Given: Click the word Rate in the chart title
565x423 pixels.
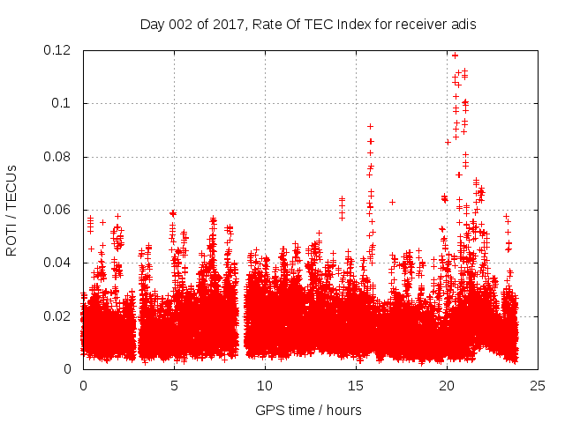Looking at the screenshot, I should click(267, 25).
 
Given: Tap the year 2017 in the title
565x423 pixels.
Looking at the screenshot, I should click(224, 25).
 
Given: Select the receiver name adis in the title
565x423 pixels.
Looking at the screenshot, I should click(463, 25).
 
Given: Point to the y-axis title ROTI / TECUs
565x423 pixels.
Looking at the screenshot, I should click(11, 210).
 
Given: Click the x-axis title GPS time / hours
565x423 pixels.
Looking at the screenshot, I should click(308, 410).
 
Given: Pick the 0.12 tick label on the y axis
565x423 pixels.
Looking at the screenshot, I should click(58, 50).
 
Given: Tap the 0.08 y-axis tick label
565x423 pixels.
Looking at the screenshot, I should click(58, 157).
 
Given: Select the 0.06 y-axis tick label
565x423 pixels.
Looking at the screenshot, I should click(58, 210).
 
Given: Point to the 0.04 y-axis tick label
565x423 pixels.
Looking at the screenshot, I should click(58, 263).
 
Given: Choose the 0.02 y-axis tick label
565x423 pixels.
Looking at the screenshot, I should click(58, 316).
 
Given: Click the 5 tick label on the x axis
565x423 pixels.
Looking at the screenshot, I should click(174, 385).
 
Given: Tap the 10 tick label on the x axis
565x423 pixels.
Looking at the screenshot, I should click(265, 385).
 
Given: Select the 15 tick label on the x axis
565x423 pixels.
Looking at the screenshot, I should click(356, 385).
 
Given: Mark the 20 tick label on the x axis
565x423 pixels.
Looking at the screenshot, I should click(447, 385).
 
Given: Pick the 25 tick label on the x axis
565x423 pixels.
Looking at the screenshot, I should click(538, 385).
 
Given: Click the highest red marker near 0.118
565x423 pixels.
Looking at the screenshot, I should click(455, 55).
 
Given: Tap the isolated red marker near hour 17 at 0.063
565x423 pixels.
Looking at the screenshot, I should click(392, 202).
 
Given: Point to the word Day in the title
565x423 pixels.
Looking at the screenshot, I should click(151, 25).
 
